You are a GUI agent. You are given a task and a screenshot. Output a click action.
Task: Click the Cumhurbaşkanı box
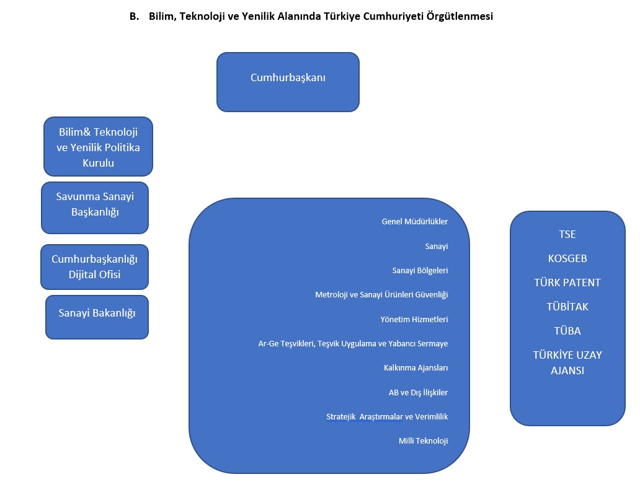[x=288, y=82]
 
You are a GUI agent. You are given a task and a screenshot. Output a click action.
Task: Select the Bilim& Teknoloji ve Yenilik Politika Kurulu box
[x=99, y=146]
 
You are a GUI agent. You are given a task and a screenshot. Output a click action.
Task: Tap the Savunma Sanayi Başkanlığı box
[x=95, y=208]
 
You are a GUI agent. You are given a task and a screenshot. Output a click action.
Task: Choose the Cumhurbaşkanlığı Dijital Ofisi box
[x=94, y=267]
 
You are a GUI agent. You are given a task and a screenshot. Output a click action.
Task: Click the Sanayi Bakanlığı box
[x=97, y=317]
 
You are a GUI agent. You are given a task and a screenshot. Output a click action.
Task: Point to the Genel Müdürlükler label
[x=415, y=221]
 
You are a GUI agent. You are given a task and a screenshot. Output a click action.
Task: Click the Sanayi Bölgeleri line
[x=420, y=270]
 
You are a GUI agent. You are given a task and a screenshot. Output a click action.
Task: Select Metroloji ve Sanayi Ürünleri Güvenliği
[x=381, y=295]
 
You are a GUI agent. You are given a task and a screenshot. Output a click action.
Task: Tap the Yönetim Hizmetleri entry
[x=414, y=319]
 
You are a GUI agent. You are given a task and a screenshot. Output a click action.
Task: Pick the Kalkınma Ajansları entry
[x=416, y=368]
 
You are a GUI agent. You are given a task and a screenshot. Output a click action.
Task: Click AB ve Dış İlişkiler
[x=419, y=392]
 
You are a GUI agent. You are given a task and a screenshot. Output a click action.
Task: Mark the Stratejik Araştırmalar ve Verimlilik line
[x=387, y=417]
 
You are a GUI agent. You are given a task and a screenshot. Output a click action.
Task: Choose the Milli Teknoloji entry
[x=424, y=441]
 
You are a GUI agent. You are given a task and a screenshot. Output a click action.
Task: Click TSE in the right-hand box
[x=567, y=234]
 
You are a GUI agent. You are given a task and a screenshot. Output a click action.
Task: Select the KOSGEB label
[x=567, y=258]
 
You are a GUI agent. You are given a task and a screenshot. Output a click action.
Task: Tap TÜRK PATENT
[x=567, y=283]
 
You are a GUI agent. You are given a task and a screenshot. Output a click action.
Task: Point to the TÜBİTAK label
[x=567, y=307]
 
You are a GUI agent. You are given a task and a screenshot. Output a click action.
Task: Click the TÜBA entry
[x=567, y=331]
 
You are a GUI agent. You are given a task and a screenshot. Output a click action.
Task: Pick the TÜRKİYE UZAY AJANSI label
[x=567, y=362]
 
